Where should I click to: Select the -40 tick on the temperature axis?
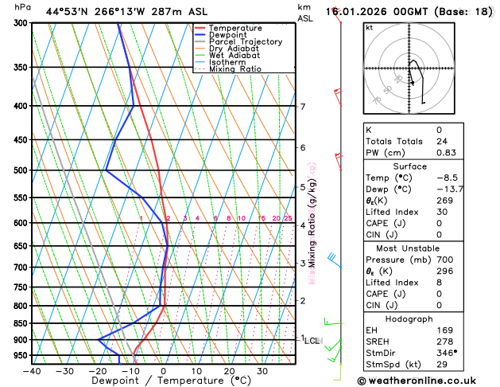[x=32, y=371]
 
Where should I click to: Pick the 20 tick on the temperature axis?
[x=229, y=371]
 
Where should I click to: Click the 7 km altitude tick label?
[x=302, y=107]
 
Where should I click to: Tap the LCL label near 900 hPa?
[x=312, y=341]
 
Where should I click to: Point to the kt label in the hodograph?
[x=369, y=27]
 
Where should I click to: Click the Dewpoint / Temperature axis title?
[x=163, y=381]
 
